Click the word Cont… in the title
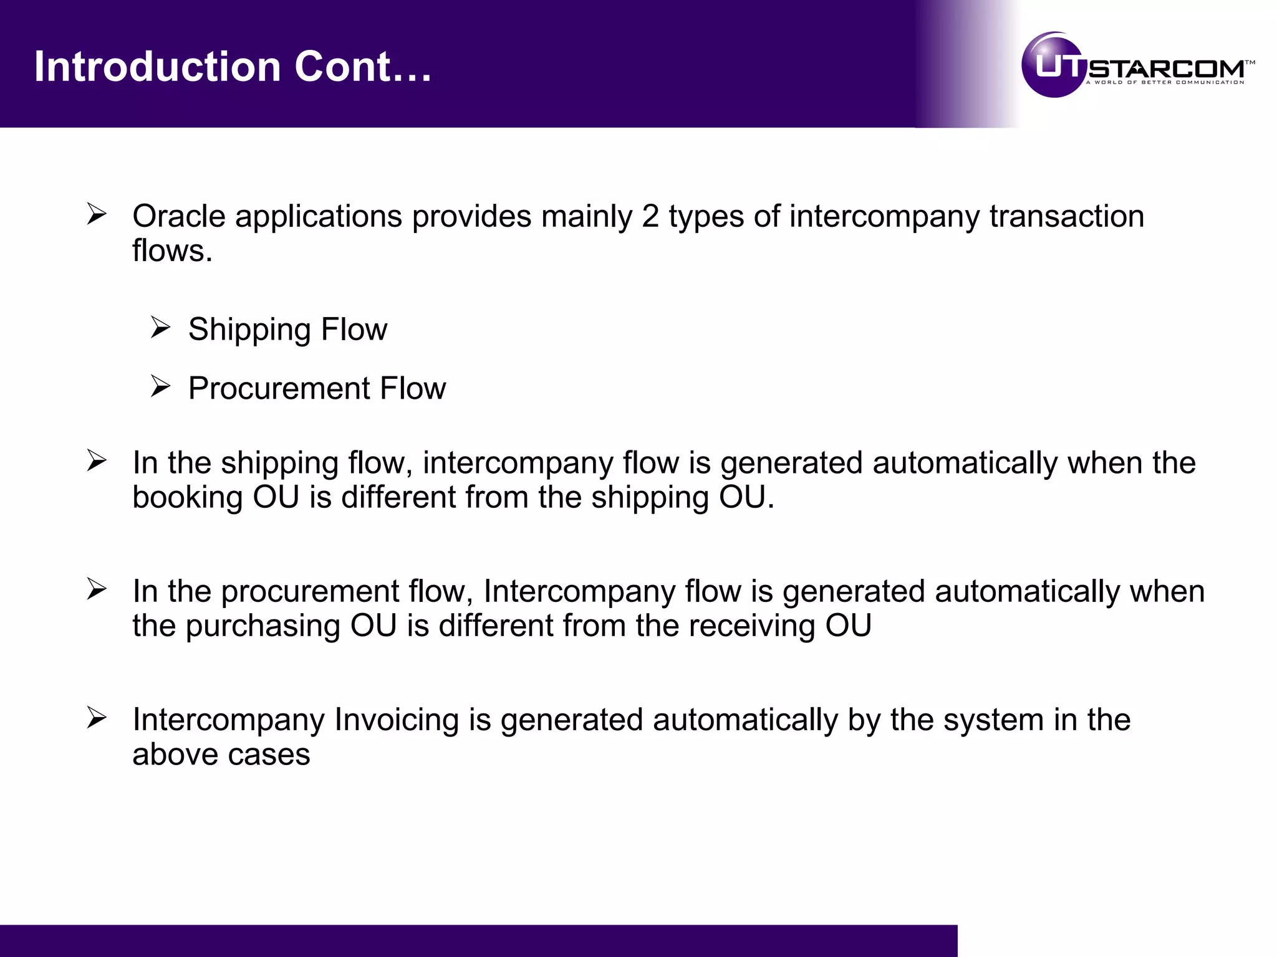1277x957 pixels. click(363, 67)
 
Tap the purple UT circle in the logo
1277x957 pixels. click(1054, 65)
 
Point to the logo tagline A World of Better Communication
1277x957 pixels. click(1165, 82)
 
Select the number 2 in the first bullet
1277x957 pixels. click(650, 216)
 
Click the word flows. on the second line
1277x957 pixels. click(172, 250)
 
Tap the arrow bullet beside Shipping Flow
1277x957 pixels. click(160, 328)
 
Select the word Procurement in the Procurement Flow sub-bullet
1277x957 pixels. click(279, 388)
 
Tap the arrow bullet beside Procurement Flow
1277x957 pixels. click(160, 387)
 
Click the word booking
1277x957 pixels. click(188, 498)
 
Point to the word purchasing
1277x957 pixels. click(263, 626)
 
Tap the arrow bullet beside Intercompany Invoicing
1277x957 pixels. click(97, 718)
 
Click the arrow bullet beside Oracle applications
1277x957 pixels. click(97, 214)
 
